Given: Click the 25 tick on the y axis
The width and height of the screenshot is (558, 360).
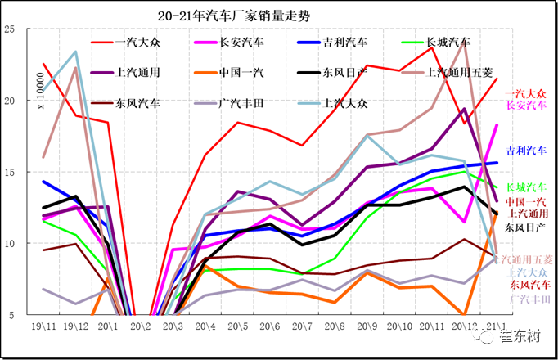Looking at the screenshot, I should point(11,29).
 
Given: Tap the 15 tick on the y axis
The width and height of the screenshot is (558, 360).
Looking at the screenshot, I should point(11,173).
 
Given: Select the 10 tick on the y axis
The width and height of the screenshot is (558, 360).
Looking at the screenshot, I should point(11,244).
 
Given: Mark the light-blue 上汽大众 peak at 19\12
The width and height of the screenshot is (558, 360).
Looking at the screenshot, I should point(76,52).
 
